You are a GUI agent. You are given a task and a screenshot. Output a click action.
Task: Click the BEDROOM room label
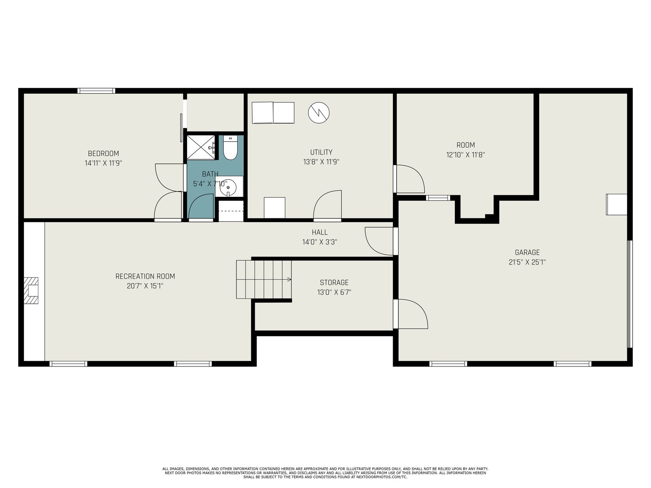[103, 153]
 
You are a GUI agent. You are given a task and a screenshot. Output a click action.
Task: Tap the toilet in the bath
[230, 148]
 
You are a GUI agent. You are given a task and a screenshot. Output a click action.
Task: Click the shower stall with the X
[201, 147]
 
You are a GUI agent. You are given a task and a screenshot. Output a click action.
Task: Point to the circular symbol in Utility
[319, 113]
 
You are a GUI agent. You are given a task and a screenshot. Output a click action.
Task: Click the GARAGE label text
[527, 253]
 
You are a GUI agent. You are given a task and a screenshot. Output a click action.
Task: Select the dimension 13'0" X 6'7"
[334, 292]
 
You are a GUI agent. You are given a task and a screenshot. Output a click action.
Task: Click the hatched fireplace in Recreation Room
[31, 291]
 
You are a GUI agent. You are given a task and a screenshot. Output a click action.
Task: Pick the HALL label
[319, 232]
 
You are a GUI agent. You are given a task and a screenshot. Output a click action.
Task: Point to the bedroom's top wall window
[96, 91]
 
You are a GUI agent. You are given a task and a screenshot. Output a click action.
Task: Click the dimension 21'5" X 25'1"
[527, 262]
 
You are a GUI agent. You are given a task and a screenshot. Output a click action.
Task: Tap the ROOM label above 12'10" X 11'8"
[465, 145]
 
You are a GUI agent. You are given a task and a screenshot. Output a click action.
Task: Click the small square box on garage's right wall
[616, 205]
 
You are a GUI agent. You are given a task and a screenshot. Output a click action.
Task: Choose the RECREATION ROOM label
[145, 277]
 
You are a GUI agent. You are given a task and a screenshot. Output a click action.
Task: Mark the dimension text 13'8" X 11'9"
[321, 162]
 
